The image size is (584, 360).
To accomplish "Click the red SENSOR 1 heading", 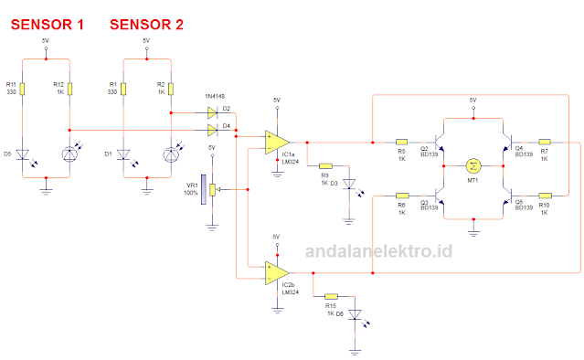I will pos(47,25).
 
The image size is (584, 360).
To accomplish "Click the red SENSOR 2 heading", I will pos(145,25).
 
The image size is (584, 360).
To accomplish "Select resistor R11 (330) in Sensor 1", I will pos(23,89).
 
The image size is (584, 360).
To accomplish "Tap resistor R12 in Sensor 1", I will pos(70,89).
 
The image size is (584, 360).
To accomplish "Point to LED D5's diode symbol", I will pos(23,154).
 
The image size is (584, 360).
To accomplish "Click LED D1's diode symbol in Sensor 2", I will pos(122,154).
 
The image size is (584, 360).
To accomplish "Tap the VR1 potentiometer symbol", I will pos(212,190).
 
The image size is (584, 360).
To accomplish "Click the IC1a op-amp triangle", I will pos(277,143).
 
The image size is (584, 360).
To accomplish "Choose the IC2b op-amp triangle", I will pos(277,272).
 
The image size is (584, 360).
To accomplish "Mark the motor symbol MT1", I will pos(473,165).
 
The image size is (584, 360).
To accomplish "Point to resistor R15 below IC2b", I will pos(331,296).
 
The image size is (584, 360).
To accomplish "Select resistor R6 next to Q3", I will pos(402,195).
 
